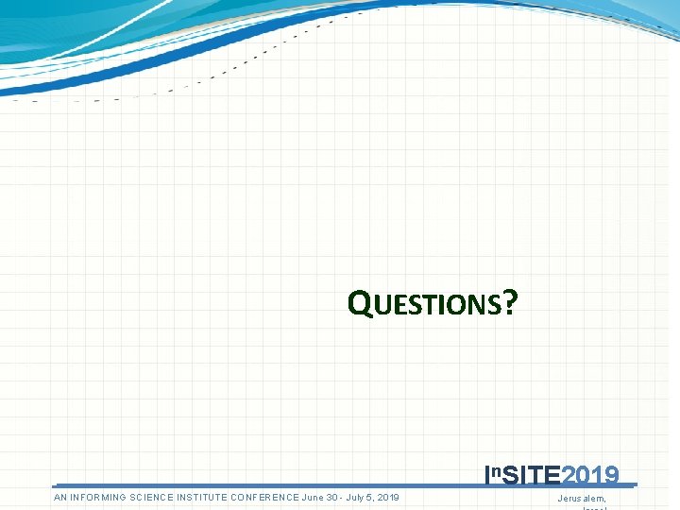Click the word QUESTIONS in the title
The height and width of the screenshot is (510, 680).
424,303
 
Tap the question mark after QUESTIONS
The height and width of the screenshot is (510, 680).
510,302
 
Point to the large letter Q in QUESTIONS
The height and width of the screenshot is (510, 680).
358,303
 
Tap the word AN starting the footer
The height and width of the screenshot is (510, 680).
61,497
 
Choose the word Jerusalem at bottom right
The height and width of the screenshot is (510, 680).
582,498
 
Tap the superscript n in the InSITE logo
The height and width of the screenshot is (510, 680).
497,470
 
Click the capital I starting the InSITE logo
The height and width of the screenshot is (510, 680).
487,474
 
